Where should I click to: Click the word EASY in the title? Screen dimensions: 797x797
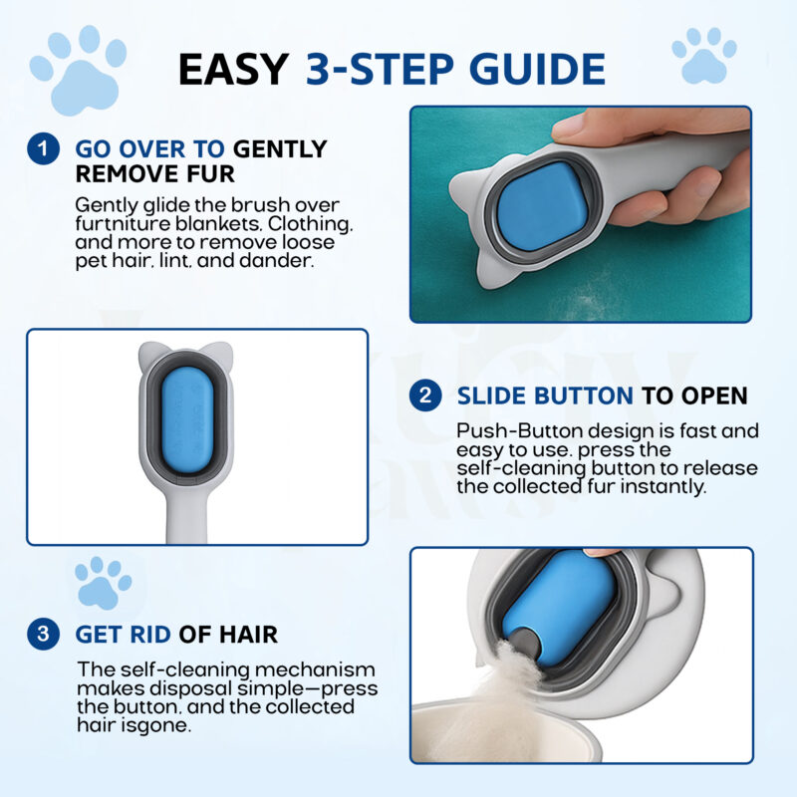[234, 69]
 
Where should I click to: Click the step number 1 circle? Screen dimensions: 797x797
[43, 148]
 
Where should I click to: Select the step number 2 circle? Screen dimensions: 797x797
[425, 396]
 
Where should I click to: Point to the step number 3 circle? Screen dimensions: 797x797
[43, 634]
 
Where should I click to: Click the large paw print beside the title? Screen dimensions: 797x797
[79, 70]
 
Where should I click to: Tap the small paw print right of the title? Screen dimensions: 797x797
[704, 55]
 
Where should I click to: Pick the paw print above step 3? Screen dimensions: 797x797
[103, 583]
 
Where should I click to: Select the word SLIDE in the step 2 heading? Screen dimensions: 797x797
[492, 396]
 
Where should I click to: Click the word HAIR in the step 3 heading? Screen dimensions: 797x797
[248, 635]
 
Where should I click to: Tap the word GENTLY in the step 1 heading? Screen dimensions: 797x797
[280, 148]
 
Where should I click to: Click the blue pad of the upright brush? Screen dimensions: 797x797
[187, 419]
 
